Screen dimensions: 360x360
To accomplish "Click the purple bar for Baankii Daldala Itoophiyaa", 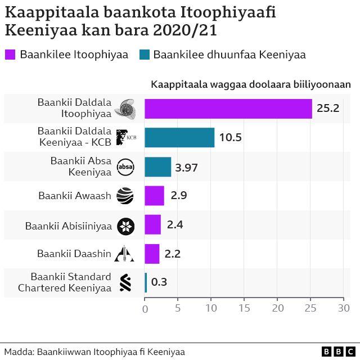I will [228, 109].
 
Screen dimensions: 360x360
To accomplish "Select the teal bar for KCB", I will [179, 138].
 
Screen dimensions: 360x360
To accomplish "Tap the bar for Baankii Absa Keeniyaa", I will [157, 167].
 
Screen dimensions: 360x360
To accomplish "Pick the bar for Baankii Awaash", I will [154, 196].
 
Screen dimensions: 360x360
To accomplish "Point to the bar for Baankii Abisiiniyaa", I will [152, 225].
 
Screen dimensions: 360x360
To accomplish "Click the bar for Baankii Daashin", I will [152, 254].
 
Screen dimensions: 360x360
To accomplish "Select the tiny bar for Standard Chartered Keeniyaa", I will [146, 282].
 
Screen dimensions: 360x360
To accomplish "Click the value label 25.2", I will [328, 109].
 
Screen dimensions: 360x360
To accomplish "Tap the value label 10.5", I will [231, 138].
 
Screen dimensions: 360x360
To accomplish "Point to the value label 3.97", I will [187, 167].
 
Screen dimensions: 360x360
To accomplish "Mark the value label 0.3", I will [159, 282].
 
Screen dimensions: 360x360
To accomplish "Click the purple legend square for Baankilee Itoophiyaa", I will [10, 55].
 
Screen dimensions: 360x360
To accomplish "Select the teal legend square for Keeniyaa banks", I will [143, 55].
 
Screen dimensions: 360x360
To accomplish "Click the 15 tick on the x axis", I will [244, 308].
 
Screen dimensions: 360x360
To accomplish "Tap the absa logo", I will [125, 167].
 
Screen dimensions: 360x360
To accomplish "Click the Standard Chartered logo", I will [125, 282].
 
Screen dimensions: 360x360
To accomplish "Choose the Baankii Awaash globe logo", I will [125, 196].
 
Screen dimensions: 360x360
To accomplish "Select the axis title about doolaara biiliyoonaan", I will [250, 84].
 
